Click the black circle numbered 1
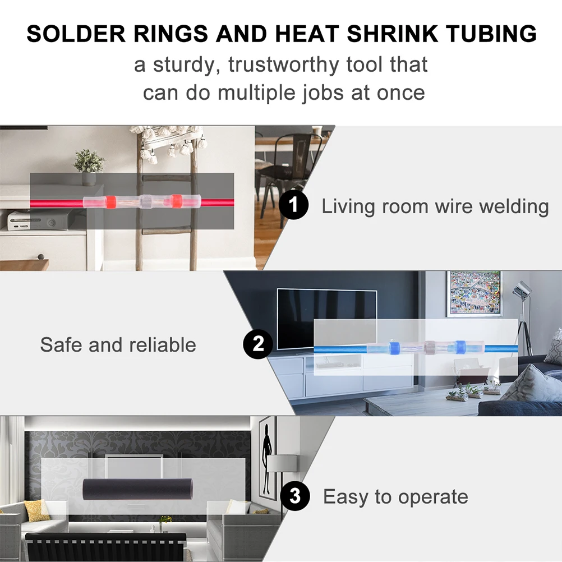[x=293, y=205]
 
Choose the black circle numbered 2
[x=258, y=343]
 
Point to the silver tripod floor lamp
[x=522, y=314]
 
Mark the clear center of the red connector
[x=146, y=202]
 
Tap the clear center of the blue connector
[x=430, y=348]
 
